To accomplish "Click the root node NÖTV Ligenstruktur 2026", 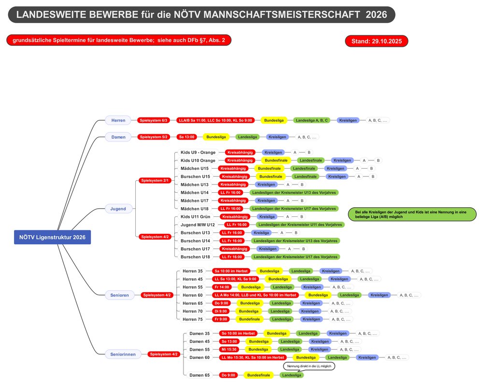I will point(52,237).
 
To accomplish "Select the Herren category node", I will point(118,120).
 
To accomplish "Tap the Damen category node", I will point(118,137).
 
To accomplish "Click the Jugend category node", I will point(118,209).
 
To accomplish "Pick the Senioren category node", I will point(120,295).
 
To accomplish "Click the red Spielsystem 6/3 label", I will point(154,120).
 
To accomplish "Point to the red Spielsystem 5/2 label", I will point(154,137).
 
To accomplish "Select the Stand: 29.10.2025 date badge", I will point(377,41).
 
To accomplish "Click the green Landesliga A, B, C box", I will point(312,120).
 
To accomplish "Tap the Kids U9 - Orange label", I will point(198,153).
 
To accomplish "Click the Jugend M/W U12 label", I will point(198,225).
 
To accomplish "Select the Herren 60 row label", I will point(193,295).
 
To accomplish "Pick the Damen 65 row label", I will point(199,375).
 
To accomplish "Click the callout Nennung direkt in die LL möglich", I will point(309,366).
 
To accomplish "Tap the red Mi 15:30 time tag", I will point(229,349).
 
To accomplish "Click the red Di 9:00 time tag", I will point(221,311).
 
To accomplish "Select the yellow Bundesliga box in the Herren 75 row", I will point(249,319).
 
